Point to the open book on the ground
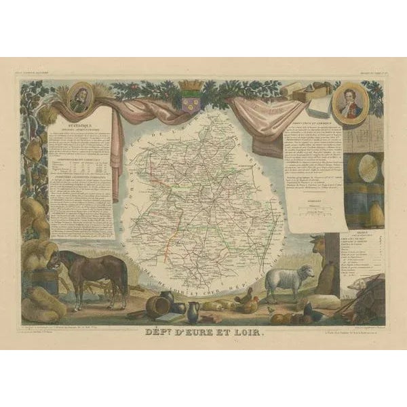[169, 317]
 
